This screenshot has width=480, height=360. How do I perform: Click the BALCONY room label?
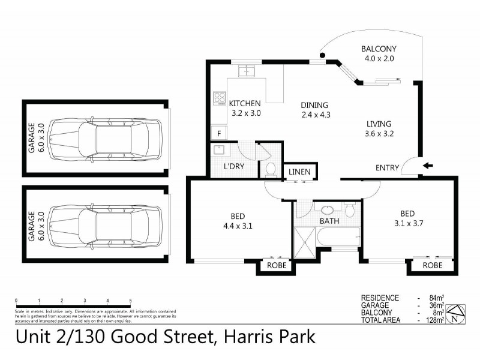(379, 49)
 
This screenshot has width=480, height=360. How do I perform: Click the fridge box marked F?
(220, 133)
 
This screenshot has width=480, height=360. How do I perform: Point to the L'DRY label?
(233, 166)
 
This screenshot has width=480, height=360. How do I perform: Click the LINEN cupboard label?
(299, 172)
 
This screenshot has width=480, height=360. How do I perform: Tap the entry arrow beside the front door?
(427, 166)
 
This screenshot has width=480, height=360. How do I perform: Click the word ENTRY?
(387, 168)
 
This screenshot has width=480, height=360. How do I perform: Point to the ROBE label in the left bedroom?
(277, 265)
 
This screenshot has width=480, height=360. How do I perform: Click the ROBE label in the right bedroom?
(433, 265)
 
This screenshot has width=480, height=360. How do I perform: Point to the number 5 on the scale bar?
(130, 301)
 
